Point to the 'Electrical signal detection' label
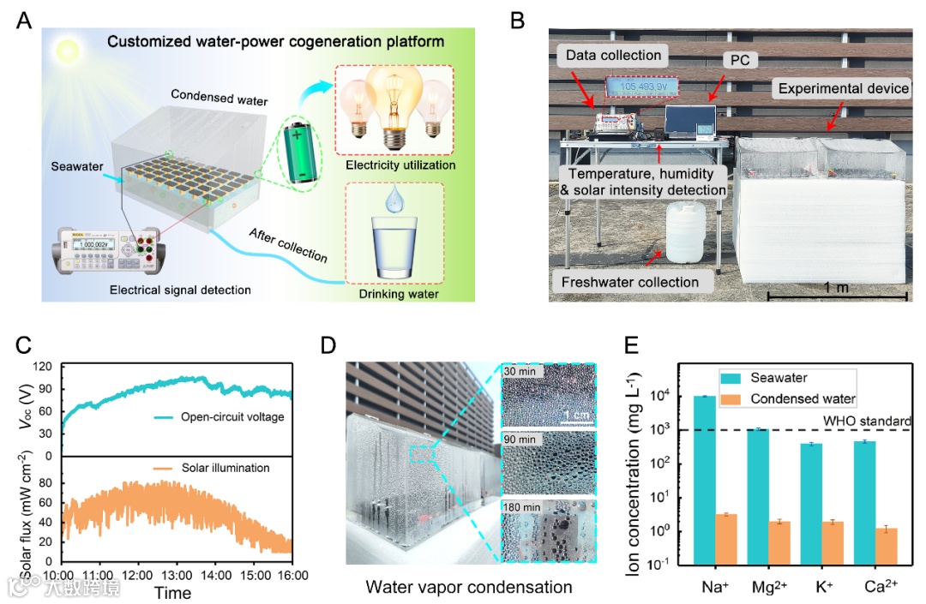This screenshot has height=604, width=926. tap(180, 290)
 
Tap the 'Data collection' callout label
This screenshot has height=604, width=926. tap(613, 56)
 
